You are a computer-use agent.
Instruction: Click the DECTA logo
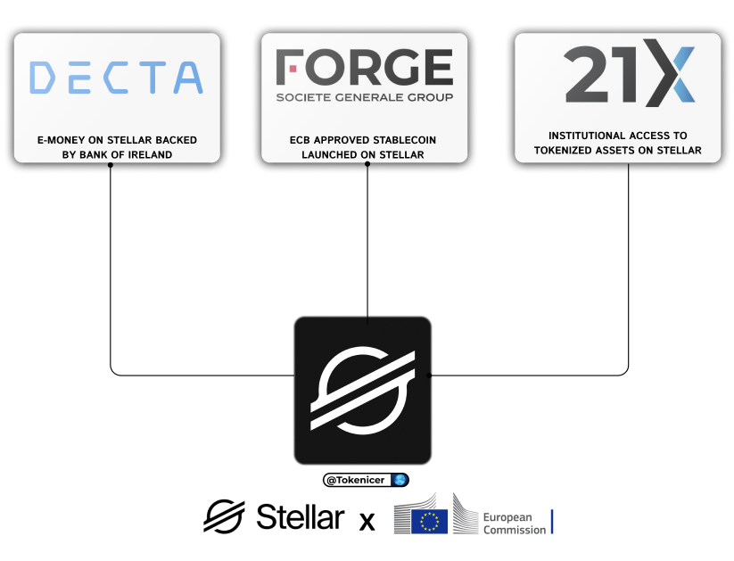coord(116,78)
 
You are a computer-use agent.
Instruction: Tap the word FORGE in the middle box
coord(364,68)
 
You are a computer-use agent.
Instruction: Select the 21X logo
coord(629,72)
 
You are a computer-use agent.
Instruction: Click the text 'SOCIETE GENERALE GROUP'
coord(364,97)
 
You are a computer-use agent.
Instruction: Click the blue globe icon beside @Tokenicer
coord(400,480)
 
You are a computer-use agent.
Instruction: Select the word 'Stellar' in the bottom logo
coord(300,517)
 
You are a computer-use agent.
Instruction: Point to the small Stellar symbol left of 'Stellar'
coord(224,516)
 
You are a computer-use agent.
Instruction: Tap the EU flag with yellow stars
coord(430,521)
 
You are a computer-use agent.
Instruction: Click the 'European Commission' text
coord(514,524)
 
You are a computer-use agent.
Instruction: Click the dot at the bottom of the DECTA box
coord(111,164)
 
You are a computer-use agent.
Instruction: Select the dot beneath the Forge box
coord(367,164)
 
